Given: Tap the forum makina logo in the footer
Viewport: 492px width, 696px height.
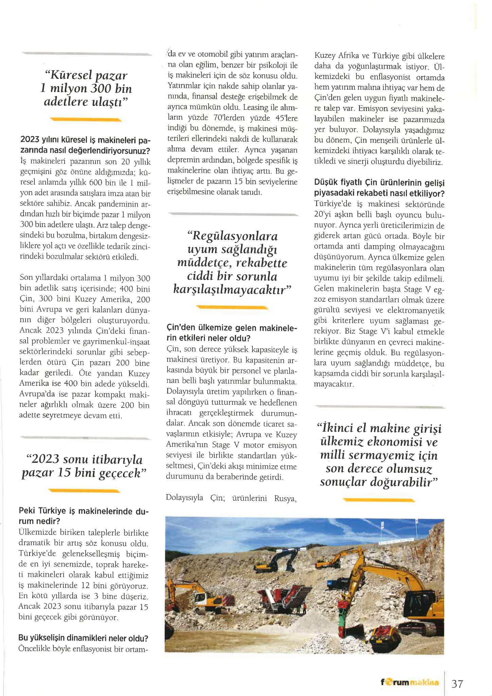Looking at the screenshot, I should point(409,682).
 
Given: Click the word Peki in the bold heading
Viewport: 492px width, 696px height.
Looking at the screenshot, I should point(27,511).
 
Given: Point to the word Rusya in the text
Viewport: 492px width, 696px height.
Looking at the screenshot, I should point(285,499).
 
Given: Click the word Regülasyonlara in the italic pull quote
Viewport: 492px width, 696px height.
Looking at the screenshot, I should point(232,236).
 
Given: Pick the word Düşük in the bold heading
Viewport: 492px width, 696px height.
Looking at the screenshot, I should point(326,183).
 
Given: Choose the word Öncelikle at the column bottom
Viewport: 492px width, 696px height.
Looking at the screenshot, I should point(34,649).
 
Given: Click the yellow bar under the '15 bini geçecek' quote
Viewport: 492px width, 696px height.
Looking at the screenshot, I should point(84,490).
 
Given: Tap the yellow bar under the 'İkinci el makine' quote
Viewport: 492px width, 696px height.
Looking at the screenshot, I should point(379,500).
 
